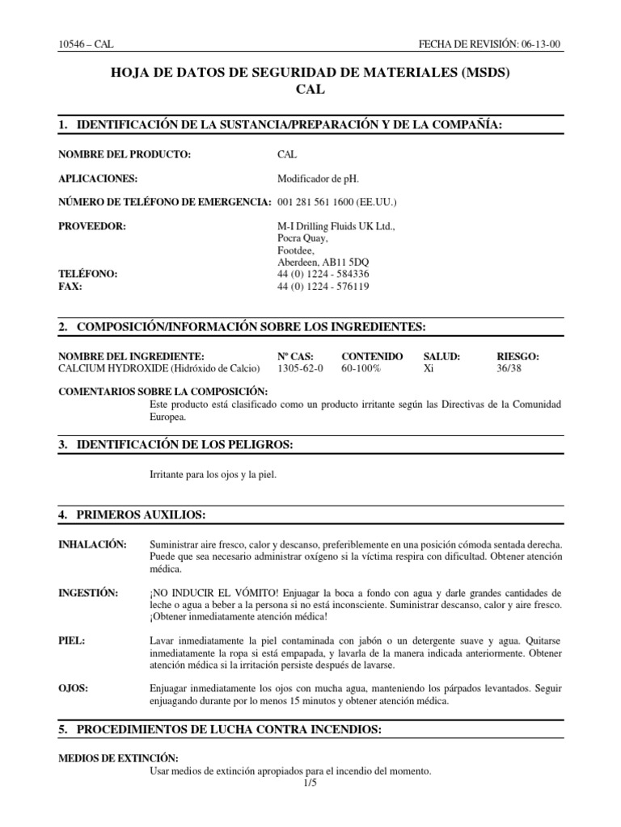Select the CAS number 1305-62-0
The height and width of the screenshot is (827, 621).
point(300,368)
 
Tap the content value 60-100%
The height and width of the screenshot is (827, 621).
point(361,368)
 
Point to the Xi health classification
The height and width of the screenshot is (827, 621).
point(429,368)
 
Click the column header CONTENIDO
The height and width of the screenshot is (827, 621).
point(372,356)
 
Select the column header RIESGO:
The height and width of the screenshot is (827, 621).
point(517,356)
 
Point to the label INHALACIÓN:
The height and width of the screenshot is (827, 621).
point(93,545)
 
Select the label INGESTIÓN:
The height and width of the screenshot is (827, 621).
point(88,594)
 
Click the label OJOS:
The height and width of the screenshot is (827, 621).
point(74,688)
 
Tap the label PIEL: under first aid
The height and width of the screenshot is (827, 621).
point(72,640)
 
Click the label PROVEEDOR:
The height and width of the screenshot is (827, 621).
point(92,226)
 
